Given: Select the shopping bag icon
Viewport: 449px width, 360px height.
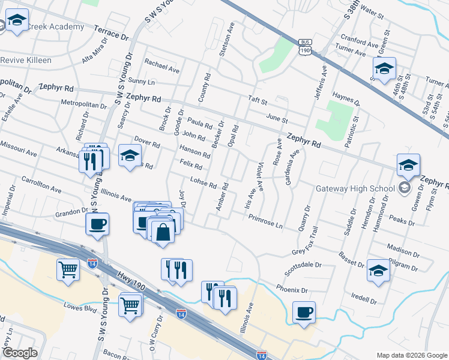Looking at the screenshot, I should point(163,231).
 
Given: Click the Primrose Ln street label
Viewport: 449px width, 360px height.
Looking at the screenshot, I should point(265,220).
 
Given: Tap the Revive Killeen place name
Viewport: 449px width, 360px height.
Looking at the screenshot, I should point(26,61).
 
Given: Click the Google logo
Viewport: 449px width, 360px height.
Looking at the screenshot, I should point(19,353).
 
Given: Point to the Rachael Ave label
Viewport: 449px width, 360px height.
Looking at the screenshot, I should point(162,65).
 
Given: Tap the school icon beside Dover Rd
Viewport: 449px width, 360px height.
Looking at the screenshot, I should point(129,157).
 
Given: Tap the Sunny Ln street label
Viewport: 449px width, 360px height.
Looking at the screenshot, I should point(142,81).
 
